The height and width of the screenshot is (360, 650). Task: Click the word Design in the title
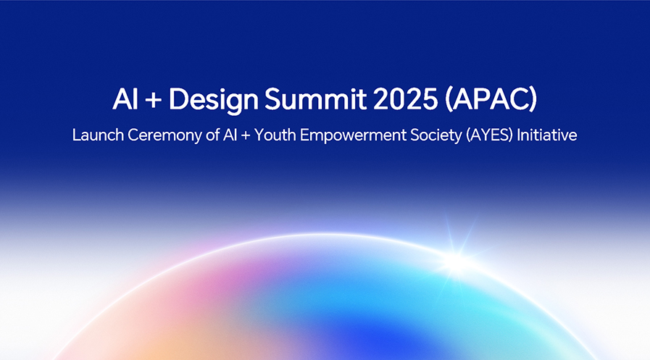pos(214,100)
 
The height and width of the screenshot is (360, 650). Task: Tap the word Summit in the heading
pos(315,99)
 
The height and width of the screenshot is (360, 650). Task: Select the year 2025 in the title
pos(405,99)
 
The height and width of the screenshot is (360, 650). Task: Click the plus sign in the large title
pos(154,100)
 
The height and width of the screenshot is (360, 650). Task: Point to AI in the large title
pos(125,99)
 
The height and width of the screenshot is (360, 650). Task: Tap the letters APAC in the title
pos(490,99)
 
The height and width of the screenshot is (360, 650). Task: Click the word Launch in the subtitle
pos(98,135)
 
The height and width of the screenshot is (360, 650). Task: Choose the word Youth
pos(275,135)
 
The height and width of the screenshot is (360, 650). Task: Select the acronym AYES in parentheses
pos(490,135)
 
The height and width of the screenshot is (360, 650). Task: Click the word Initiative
pos(547,135)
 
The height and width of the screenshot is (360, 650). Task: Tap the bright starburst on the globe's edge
pos(456,260)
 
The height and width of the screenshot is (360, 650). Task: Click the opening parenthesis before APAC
pos(448,99)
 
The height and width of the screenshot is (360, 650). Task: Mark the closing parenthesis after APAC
pos(533,99)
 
